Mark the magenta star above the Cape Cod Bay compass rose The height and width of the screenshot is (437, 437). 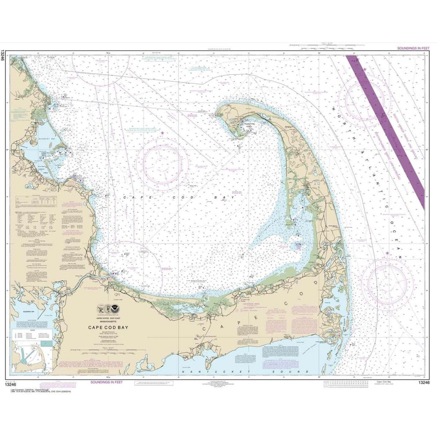click(163, 132)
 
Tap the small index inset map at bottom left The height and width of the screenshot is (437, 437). click(33, 353)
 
